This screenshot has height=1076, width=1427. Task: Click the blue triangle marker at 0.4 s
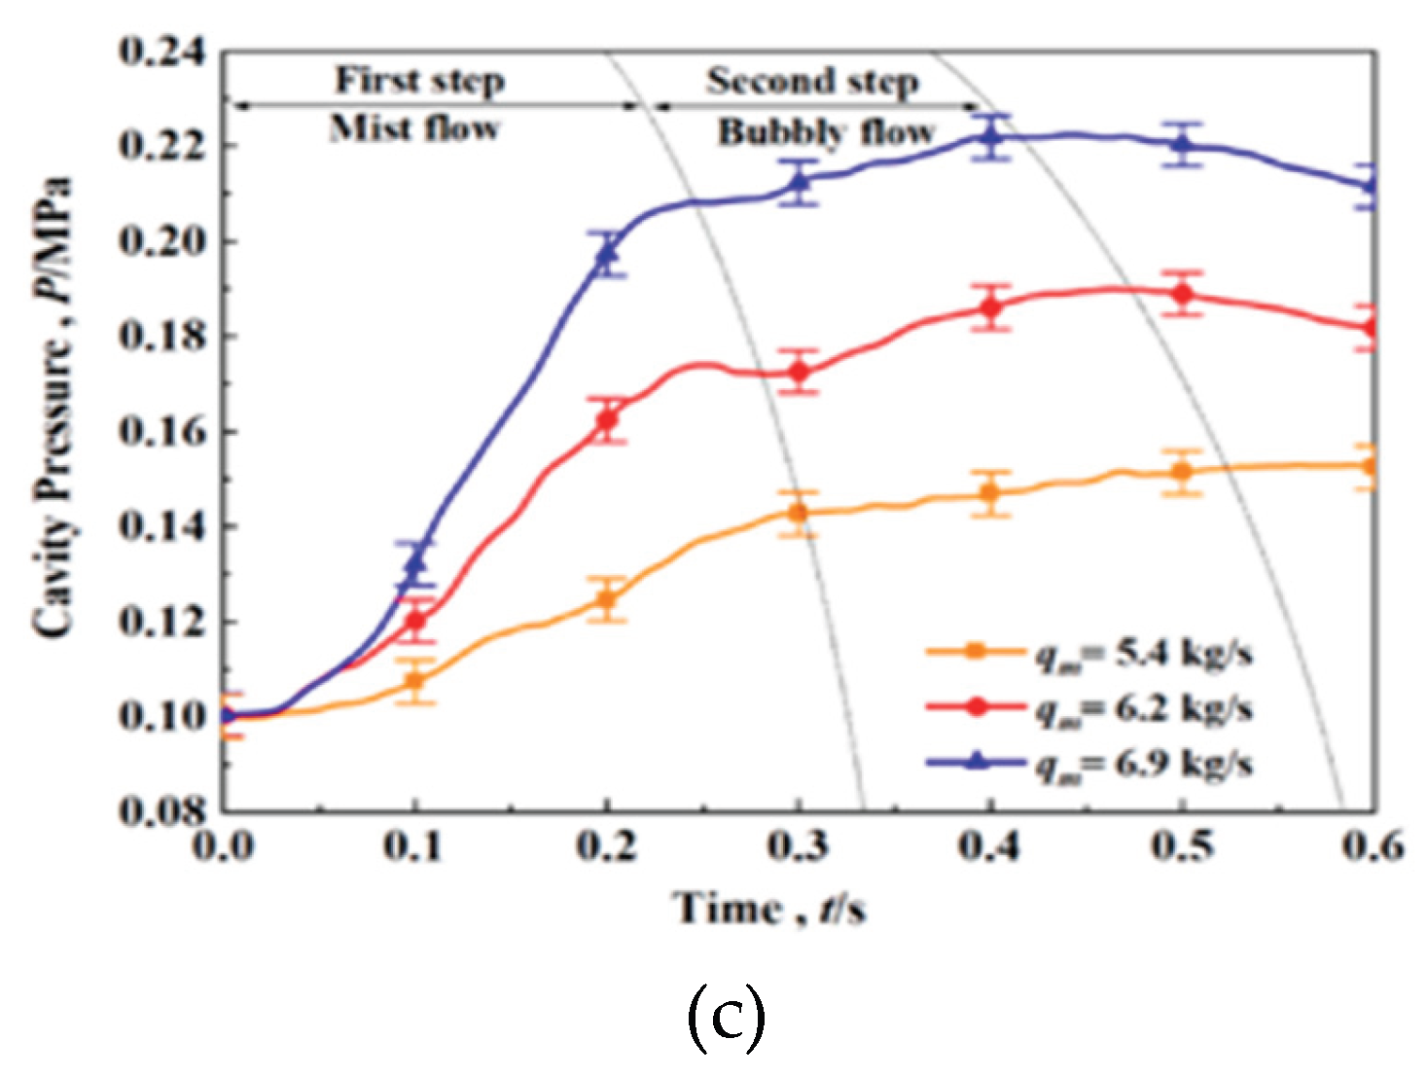pyautogui.click(x=991, y=136)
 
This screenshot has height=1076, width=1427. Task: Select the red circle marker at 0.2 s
pyautogui.click(x=607, y=420)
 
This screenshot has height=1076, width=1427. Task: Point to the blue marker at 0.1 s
pyautogui.click(x=415, y=563)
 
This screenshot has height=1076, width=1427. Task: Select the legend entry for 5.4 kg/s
pyautogui.click(x=1089, y=653)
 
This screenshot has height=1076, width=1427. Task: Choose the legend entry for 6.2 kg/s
pyautogui.click(x=1089, y=708)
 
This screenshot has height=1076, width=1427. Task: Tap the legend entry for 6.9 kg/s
pyautogui.click(x=1089, y=764)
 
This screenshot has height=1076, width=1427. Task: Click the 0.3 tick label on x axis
pyautogui.click(x=799, y=846)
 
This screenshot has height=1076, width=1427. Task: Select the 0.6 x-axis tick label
pyautogui.click(x=1373, y=846)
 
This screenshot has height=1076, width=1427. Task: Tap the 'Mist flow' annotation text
pyautogui.click(x=415, y=128)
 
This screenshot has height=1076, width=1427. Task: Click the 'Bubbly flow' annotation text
pyautogui.click(x=826, y=132)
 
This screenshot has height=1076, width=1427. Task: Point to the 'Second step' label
pyautogui.click(x=812, y=81)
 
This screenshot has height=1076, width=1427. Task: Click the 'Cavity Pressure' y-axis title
pyautogui.click(x=54, y=409)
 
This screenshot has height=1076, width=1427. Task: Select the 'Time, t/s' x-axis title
pyautogui.click(x=769, y=909)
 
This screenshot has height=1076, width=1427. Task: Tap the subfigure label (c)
pyautogui.click(x=726, y=1018)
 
